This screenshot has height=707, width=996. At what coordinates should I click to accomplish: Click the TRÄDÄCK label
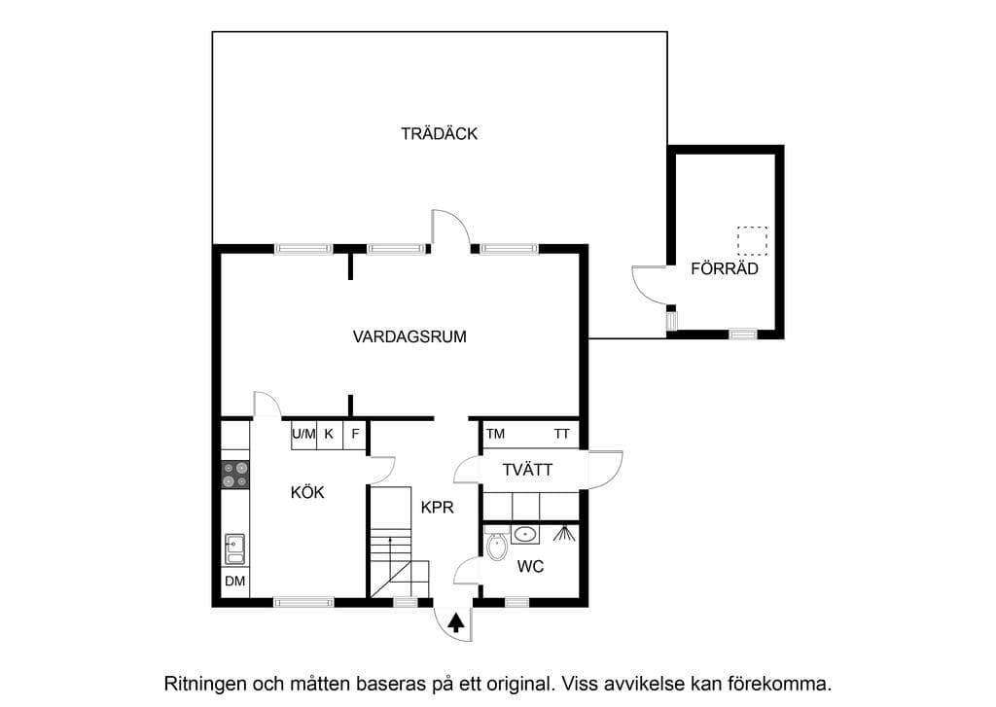pos(439,133)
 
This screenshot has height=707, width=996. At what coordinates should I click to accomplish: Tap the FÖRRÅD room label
pos(725,268)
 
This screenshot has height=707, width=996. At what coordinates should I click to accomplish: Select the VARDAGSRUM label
pos(409,336)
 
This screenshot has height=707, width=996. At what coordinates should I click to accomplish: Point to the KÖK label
pos(307,492)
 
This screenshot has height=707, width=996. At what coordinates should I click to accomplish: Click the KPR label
pos(438,507)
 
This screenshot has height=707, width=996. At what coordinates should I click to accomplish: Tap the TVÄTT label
pos(527,470)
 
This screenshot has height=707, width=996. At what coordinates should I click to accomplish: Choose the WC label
pos(530,566)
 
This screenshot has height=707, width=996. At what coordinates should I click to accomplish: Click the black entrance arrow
pos(455,622)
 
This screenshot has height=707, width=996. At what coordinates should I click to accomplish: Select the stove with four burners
pos(235,475)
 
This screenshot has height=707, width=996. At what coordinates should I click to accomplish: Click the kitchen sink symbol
pos(234,548)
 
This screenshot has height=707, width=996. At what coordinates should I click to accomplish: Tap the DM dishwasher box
pos(235,581)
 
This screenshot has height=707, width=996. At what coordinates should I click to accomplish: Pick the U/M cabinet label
pos(303,434)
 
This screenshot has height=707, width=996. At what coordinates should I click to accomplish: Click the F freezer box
pos(355,435)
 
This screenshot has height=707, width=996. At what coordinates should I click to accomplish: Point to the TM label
pos(495,434)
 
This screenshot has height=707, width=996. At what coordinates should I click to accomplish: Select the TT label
pos(561,434)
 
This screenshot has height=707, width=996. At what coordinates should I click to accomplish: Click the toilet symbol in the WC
pos(497,545)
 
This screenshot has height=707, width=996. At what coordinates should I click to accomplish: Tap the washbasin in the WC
pos(525,534)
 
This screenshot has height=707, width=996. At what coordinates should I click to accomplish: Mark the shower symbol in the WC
pos(564,533)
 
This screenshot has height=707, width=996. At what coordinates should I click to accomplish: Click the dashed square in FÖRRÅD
pos(752,241)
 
